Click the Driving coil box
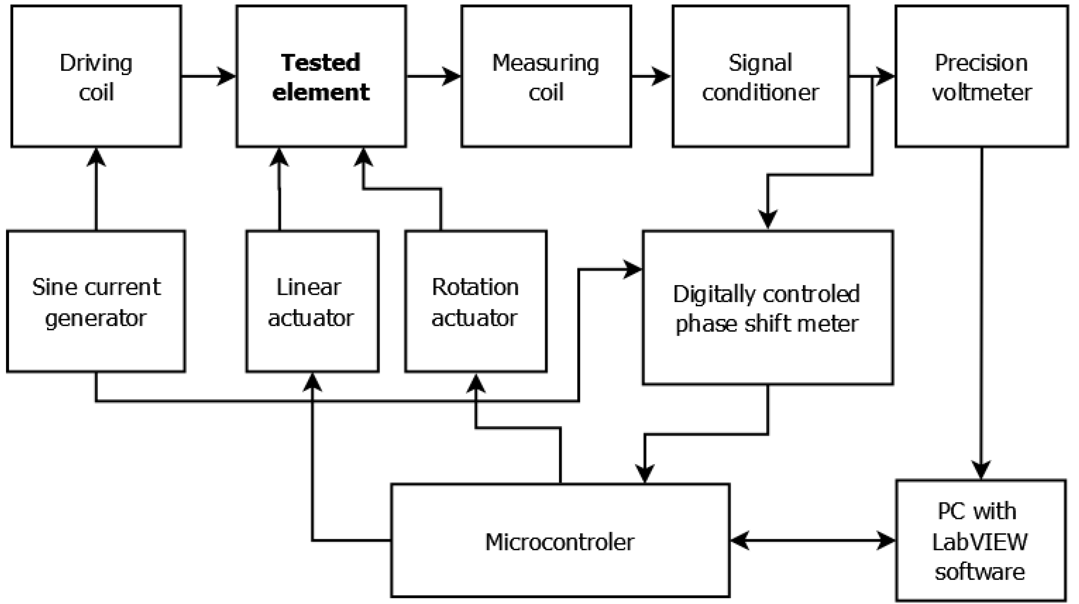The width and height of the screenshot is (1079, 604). pos(96,76)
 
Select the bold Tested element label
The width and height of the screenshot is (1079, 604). pos(321,77)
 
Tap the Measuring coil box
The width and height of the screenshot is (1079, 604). pos(546,76)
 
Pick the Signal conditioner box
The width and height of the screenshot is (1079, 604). pos(761,76)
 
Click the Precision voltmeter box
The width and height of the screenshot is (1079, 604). pos(982,76)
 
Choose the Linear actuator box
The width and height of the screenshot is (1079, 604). pos(312,301)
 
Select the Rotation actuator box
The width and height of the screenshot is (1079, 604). pos(476,301)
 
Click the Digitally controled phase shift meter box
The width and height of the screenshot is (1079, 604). pos(768,307)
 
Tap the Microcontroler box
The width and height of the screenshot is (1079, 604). pos(560,540)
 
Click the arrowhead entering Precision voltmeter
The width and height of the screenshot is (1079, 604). pos(885,77)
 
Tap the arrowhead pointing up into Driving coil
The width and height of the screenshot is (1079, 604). pos(96,158)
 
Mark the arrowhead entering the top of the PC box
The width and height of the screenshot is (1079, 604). pos(981,470)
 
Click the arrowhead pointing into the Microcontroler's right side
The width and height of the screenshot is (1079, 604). pos(740,540)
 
